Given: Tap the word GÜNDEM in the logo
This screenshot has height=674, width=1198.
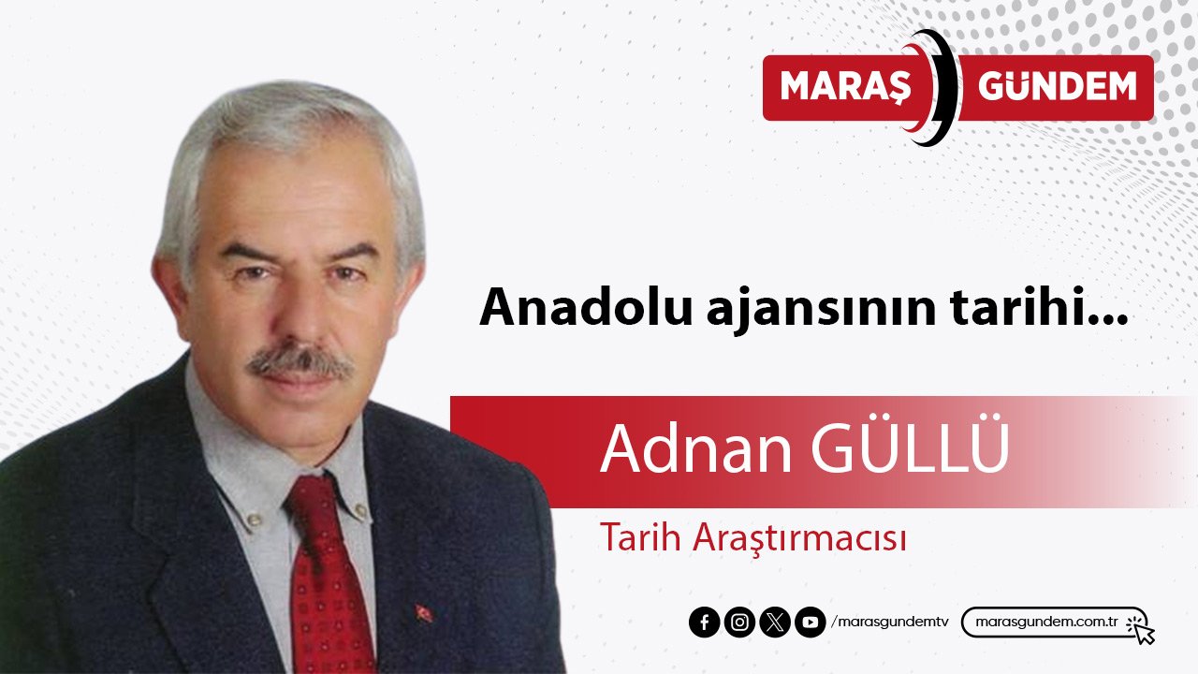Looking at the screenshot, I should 1057,87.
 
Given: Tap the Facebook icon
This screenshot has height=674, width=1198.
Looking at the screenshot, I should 704,623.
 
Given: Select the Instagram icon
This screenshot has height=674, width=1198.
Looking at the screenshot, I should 739,623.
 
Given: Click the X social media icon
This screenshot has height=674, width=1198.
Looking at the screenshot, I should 774,623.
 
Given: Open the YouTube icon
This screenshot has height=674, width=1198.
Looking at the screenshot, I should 810,623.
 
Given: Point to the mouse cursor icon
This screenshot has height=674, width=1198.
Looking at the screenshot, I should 1141,629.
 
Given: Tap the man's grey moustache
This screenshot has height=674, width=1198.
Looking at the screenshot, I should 300,363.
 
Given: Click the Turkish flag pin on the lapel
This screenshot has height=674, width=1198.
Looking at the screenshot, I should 423,614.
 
